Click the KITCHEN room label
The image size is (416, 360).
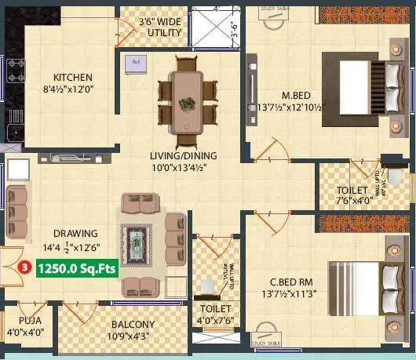coord(73,77)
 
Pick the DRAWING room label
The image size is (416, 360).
coord(75,233)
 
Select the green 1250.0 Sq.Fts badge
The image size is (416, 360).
coord(75,267)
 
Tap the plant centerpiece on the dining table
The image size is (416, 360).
coord(188,103)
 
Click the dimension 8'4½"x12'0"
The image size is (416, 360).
coord(73,89)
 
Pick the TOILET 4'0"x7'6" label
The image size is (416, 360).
coord(213,314)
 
